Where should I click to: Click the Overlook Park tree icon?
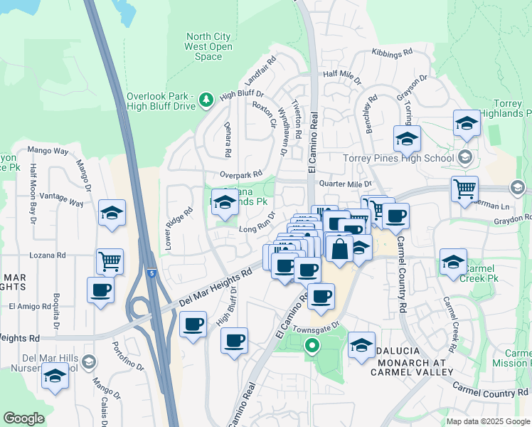point(207,100)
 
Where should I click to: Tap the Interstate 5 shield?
point(151,273)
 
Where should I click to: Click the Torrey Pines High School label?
point(398,158)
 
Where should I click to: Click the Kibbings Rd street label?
point(393,53)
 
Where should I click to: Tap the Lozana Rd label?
point(48,255)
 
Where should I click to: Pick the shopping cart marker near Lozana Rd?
point(110,261)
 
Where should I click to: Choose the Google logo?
point(24,419)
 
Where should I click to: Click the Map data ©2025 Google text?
point(487,421)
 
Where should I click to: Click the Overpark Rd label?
point(242,174)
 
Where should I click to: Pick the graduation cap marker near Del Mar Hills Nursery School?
point(54,376)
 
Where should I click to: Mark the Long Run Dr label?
point(257,229)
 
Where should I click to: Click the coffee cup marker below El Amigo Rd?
point(100,290)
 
